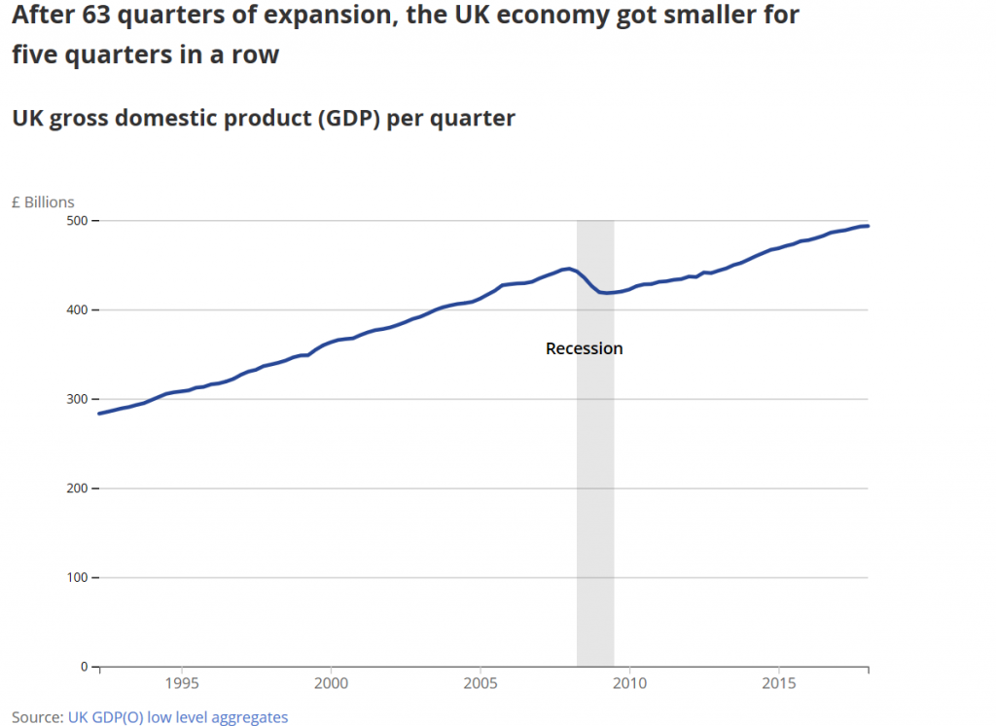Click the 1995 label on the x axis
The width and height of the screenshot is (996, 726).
tap(182, 684)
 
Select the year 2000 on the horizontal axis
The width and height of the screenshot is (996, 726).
tap(332, 684)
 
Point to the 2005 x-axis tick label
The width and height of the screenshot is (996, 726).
tap(480, 684)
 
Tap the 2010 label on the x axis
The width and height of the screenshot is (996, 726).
tap(629, 684)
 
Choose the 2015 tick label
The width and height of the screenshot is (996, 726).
tap(778, 684)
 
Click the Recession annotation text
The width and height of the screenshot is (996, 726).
tap(584, 348)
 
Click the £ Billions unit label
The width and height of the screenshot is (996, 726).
tap(43, 202)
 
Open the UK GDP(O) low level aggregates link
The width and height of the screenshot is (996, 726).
tap(178, 717)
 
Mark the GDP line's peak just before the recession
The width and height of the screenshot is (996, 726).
tap(567, 269)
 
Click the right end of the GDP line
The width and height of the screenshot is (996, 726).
tap(868, 226)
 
